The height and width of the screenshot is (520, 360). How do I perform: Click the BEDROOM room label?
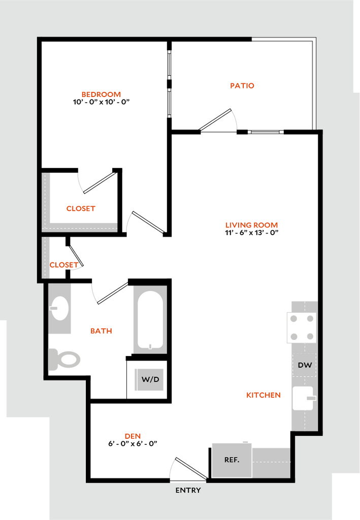click(101, 94)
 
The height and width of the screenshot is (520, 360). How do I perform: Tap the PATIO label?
click(242, 85)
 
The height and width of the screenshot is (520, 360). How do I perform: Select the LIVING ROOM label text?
click(252, 225)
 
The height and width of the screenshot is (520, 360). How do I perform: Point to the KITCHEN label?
click(264, 395)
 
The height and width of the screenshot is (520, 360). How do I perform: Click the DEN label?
click(133, 436)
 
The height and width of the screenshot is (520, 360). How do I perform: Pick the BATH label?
click(101, 331)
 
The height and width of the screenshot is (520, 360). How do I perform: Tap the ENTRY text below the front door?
click(188, 490)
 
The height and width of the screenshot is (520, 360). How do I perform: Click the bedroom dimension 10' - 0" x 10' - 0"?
click(101, 102)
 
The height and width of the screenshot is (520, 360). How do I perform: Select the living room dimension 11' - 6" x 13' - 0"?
click(252, 233)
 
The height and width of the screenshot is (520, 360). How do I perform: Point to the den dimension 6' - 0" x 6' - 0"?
click(133, 444)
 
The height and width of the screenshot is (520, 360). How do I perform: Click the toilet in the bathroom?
click(64, 359)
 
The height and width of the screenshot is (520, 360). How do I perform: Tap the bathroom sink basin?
click(60, 308)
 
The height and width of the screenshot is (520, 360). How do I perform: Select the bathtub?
click(150, 320)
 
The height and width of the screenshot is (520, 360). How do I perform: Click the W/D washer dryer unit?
click(149, 379)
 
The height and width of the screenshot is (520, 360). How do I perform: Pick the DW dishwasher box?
click(305, 365)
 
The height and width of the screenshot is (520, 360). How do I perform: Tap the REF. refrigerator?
click(232, 460)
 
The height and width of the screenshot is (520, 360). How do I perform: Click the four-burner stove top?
click(302, 328)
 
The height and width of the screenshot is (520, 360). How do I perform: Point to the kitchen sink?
click(303, 398)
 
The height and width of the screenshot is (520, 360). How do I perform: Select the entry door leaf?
click(191, 469)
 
